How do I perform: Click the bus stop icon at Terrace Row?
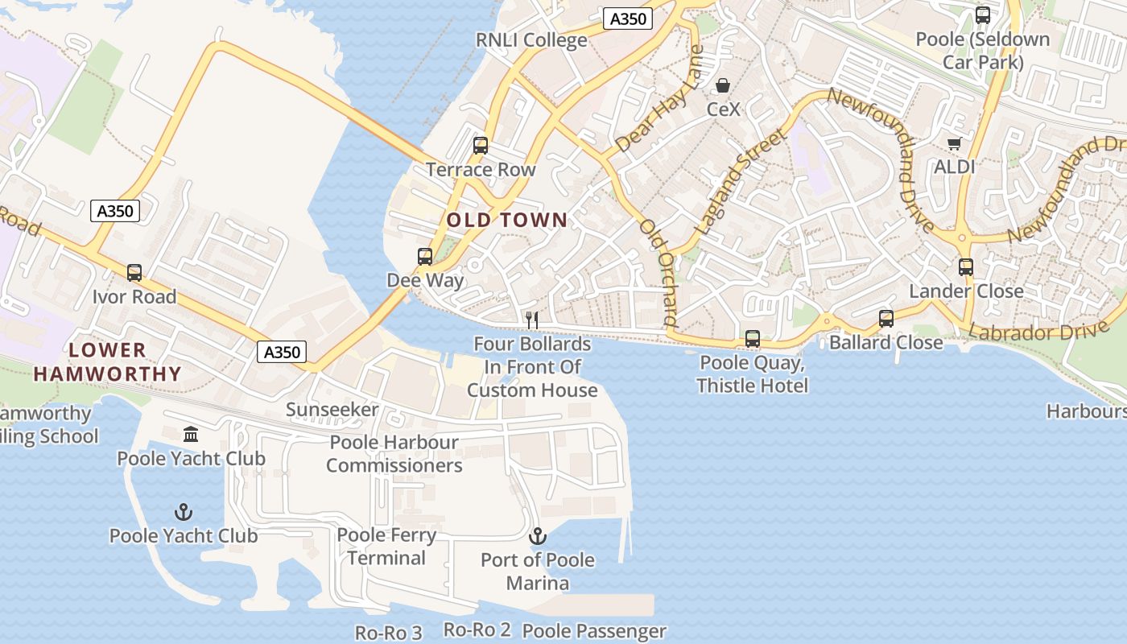481,146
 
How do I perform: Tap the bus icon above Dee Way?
425,257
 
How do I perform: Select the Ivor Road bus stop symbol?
134,273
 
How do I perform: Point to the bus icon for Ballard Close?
886,319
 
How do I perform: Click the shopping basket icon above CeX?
723,85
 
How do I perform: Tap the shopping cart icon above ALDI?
955,144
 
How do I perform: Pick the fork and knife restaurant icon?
531,320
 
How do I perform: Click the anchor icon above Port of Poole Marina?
537,536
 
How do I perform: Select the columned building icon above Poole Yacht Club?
191,435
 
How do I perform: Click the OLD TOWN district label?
507,220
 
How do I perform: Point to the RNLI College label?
531,40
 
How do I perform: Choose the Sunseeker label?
332,410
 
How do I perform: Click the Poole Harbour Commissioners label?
394,454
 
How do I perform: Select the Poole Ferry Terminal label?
386,547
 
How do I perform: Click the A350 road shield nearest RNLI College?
627,19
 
